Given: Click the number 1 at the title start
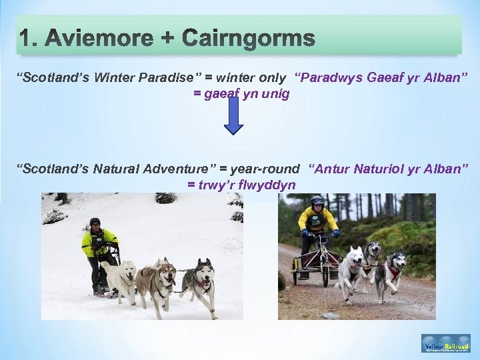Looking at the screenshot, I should [x=25, y=39].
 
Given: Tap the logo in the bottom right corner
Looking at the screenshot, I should [x=445, y=343].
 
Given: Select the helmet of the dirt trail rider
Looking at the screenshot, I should [x=317, y=201].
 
